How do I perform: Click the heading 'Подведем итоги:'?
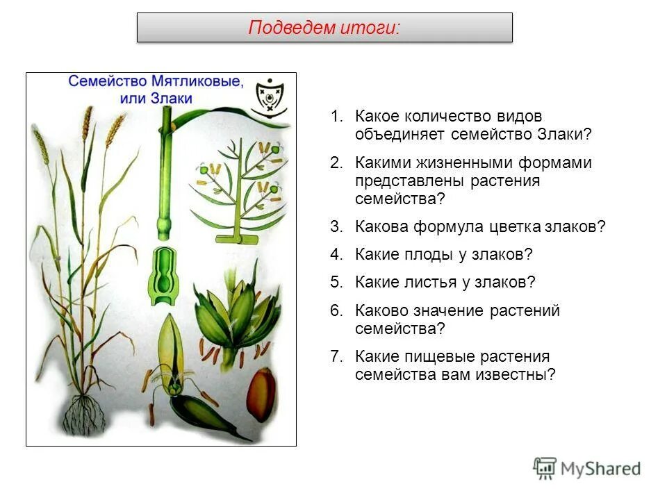tap(324, 28)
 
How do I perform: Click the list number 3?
tap(336, 226)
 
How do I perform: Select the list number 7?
tap(336, 356)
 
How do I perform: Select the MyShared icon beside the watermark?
tap(545, 468)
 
